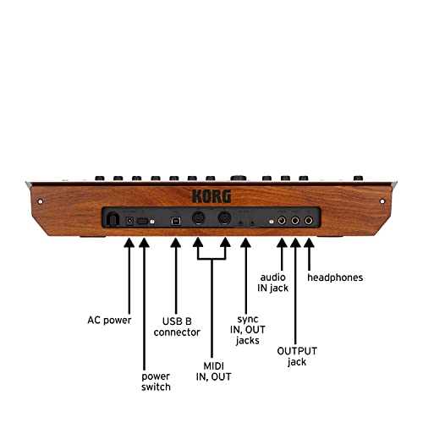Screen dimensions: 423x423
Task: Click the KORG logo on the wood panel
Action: [211, 196]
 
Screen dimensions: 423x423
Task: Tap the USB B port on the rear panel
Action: [176, 221]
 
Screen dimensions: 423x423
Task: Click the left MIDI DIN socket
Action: [199, 218]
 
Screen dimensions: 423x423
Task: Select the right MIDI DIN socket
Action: [224, 218]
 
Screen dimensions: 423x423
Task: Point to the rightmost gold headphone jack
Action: [309, 220]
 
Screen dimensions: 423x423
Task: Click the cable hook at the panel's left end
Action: [113, 219]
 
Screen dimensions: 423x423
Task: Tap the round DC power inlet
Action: [129, 221]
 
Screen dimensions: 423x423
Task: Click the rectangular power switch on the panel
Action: [143, 221]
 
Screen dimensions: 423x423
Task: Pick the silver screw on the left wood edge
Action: [41, 201]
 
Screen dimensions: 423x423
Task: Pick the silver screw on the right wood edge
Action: [382, 201]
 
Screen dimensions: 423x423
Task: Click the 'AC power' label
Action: [109, 321]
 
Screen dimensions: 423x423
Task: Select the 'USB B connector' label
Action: [177, 327]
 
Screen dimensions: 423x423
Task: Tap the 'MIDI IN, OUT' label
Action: [213, 371]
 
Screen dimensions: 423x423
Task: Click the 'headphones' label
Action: [335, 277]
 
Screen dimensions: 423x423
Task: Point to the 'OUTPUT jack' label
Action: [297, 356]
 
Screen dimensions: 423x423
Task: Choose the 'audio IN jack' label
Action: [272, 283]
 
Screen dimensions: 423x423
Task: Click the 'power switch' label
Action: [156, 382]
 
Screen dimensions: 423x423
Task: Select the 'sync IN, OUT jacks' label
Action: [248, 330]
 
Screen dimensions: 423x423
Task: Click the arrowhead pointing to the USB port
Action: [176, 243]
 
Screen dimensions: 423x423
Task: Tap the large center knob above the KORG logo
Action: [239, 178]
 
